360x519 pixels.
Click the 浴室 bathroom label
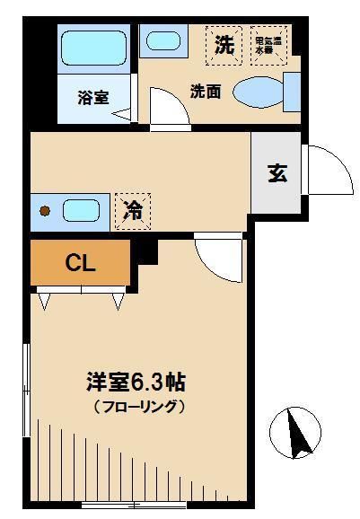[92, 98]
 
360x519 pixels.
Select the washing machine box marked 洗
[224, 45]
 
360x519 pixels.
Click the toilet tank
[292, 92]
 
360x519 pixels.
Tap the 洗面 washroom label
[205, 91]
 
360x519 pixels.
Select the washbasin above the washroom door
[164, 41]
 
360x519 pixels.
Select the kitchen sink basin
[80, 211]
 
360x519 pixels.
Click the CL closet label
[81, 263]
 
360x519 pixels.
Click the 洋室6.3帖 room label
[136, 381]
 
